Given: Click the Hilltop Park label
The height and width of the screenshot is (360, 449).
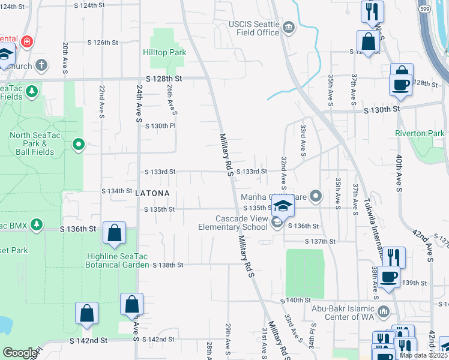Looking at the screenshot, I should (164, 52).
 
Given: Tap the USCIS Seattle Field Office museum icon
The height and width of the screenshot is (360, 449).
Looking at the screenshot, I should (289, 28).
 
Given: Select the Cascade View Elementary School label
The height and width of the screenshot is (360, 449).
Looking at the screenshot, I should (234, 223).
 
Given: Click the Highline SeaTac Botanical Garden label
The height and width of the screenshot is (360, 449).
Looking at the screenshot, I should (114, 260).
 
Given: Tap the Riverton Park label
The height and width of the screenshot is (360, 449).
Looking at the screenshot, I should (420, 133).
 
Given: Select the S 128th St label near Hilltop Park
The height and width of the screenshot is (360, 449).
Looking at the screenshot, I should (163, 79).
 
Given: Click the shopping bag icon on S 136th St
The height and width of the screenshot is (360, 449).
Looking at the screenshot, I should (114, 234).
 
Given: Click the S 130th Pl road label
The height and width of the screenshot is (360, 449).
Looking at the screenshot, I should (159, 126).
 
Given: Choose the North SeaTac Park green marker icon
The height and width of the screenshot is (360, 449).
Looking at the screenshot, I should (78, 144).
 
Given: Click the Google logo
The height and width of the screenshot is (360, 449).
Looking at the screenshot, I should (20, 353).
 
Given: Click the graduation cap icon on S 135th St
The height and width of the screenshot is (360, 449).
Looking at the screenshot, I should (283, 206).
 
